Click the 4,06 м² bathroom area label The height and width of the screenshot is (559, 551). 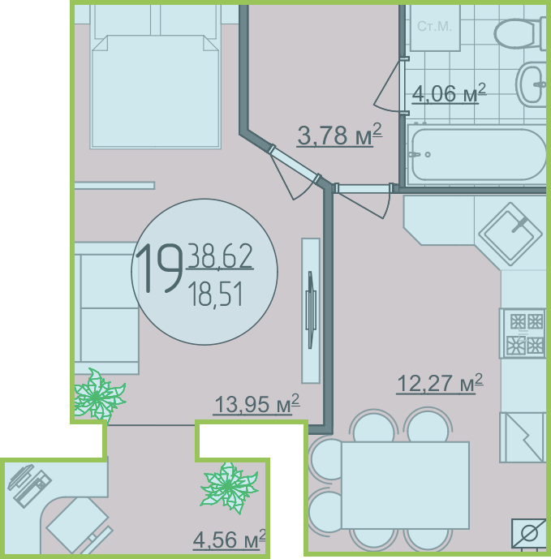449,93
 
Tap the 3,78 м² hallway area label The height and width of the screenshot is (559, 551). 339,135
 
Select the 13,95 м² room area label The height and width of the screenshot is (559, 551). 256,404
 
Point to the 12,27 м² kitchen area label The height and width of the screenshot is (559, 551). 440,384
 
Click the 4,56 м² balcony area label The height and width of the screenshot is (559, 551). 230,540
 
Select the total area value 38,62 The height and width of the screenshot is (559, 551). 220,256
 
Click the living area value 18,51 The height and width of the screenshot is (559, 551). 216,295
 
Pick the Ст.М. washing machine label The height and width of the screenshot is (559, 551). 435,26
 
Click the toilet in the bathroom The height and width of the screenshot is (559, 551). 519,32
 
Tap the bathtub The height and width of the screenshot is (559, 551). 477,155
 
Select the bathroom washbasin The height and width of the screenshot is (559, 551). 531,84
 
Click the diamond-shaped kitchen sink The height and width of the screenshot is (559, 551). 510,234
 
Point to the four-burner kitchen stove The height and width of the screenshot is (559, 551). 523,333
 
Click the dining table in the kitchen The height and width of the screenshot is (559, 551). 405,485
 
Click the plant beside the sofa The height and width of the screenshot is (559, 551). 99,395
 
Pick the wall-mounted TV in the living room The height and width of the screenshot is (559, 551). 311,310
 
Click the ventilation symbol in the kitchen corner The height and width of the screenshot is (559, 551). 529,533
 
